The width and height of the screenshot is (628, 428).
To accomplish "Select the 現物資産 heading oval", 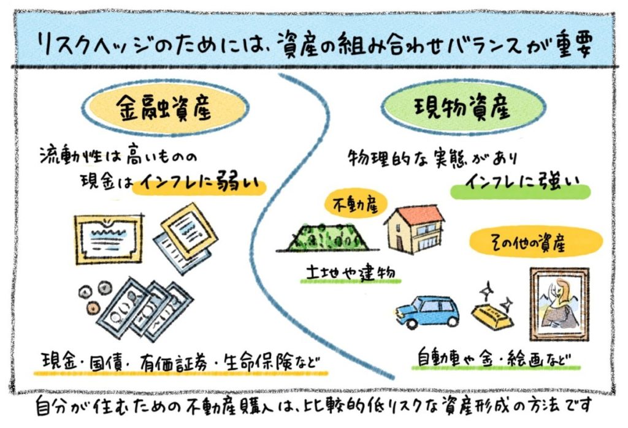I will click(x=463, y=110).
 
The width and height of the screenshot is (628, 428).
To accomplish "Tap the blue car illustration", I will click(x=428, y=312).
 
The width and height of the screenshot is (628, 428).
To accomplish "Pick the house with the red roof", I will click(x=415, y=229).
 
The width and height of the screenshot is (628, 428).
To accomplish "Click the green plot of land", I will click(x=324, y=236).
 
